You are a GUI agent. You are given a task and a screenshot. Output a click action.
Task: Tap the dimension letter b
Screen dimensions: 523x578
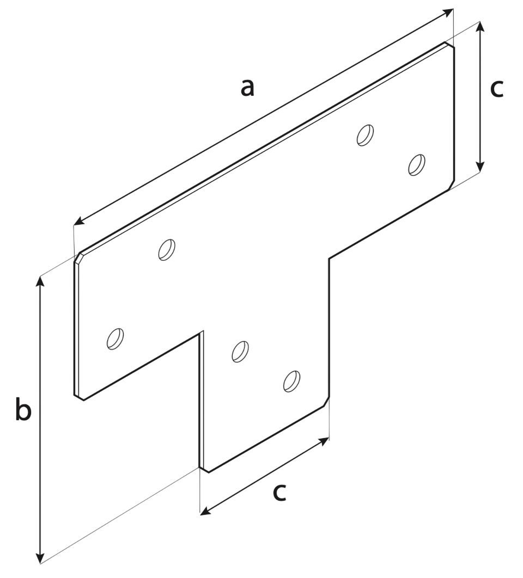(x=23, y=408)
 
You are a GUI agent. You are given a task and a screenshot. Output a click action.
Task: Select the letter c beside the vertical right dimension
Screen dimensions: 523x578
(x=497, y=89)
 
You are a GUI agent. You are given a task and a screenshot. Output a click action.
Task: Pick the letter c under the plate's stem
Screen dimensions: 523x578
(x=279, y=493)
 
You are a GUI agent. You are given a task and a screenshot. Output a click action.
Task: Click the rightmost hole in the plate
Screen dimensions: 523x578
(x=417, y=165)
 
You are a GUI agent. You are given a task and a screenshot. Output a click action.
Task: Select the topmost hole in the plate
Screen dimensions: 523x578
(x=366, y=135)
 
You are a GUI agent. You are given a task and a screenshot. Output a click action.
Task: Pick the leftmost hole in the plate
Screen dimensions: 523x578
(x=115, y=339)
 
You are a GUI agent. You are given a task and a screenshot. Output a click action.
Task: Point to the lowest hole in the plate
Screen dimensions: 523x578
(x=291, y=381)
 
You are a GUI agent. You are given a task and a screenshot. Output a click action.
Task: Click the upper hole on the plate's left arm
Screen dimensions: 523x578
(x=167, y=250)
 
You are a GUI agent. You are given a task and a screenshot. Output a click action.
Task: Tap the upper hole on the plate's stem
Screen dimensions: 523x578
(x=240, y=351)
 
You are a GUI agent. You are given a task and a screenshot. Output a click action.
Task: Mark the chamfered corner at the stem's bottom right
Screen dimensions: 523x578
(x=326, y=402)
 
